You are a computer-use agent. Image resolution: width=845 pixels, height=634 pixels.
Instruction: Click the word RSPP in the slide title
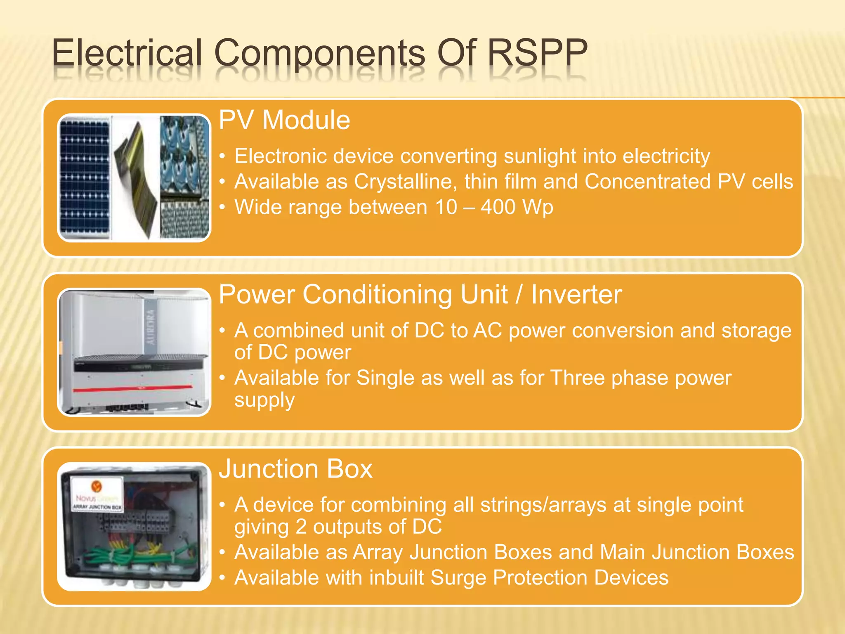[x=537, y=53]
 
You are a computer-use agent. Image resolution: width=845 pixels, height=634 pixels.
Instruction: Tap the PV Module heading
[x=284, y=120]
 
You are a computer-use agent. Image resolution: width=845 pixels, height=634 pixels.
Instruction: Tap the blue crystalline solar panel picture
[x=85, y=177]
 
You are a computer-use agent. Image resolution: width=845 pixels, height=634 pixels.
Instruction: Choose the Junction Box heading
[x=295, y=469]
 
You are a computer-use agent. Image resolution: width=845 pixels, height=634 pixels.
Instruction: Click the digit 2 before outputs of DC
[x=301, y=527]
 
